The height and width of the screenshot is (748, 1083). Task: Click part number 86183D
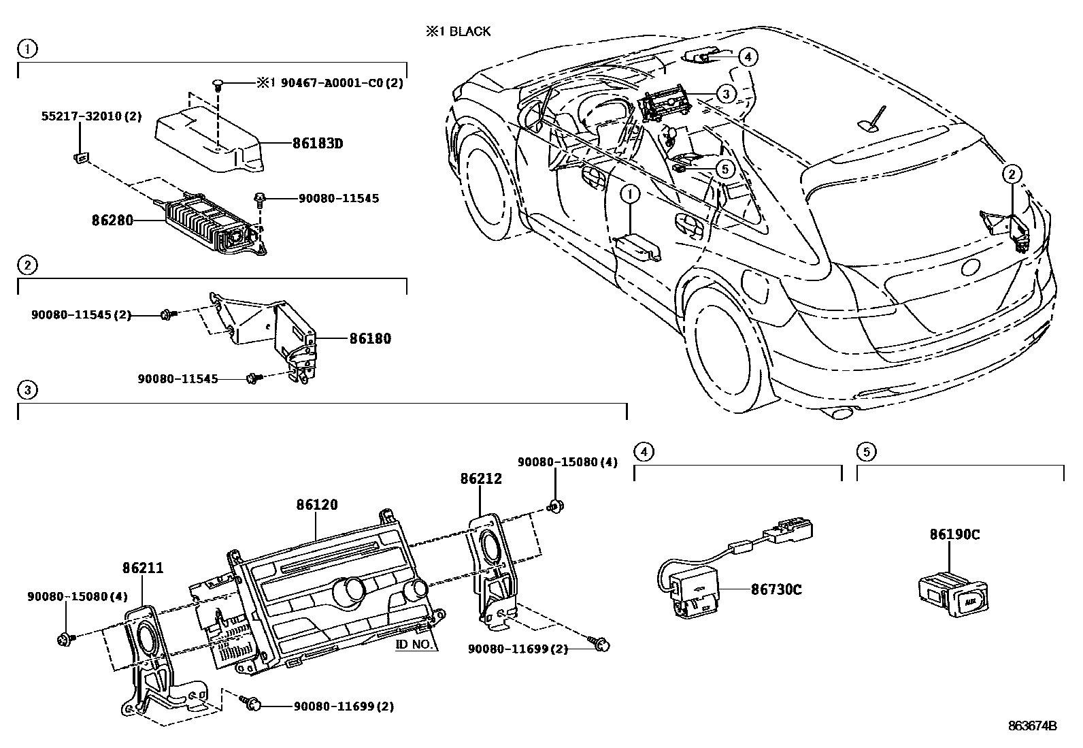318,144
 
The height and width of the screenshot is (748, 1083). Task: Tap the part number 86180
370,338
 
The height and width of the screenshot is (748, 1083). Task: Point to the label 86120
317,505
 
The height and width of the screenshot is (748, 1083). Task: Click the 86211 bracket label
143,567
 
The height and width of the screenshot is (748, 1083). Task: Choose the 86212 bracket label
480,478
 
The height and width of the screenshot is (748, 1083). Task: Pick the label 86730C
776,589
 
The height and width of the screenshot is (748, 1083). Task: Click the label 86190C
954,534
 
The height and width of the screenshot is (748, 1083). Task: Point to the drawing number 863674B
1032,726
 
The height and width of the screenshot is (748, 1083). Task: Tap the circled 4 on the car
747,56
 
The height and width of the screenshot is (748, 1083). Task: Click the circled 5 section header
865,451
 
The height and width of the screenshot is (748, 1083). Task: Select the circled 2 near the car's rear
1012,174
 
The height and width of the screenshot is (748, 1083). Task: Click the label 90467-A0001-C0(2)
329,83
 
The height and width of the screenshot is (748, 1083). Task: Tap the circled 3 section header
27,390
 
